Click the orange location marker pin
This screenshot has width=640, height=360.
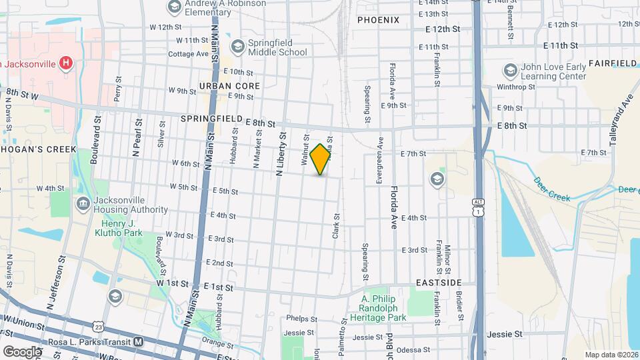pos(321,159)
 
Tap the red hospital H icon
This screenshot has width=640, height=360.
pos(65,64)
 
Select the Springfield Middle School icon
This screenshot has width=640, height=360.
pos(237,46)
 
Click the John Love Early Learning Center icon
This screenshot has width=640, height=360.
pos(510,70)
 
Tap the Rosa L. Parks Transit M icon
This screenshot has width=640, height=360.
pos(139,341)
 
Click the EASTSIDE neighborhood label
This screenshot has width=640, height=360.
pos(437,283)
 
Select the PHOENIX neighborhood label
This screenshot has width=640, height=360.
pos(378,20)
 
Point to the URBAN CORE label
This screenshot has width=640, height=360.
pos(229,86)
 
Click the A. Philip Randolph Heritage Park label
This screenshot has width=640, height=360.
pos(383,308)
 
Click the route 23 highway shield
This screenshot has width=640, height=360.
pos(99,327)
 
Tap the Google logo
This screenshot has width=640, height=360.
pos(22,351)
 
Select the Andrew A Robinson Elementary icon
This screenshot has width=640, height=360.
pos(175,7)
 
